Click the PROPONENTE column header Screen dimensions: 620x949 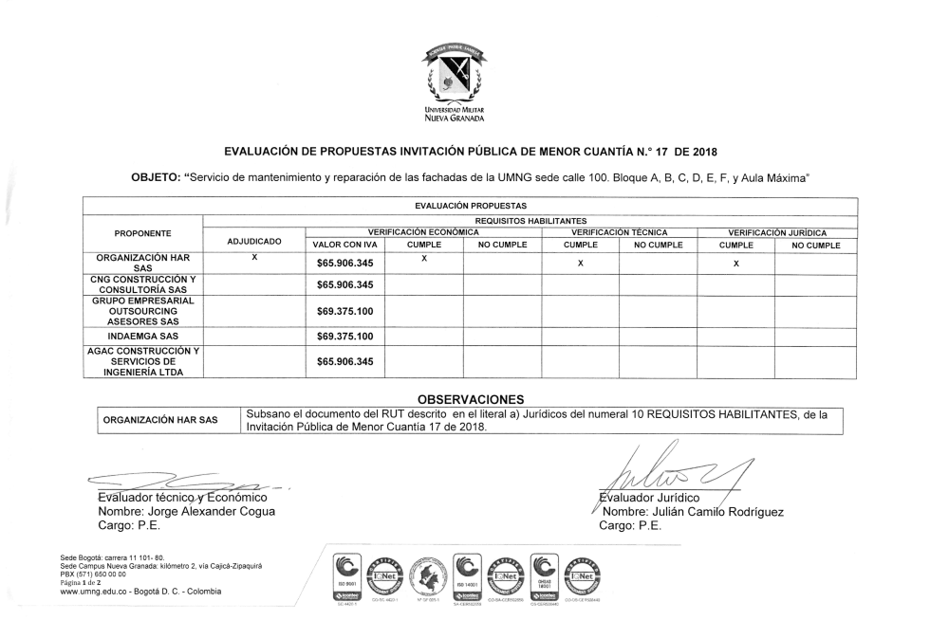pos(142,231)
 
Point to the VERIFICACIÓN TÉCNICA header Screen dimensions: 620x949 pos(619,232)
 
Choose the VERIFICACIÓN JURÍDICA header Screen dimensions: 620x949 pos(776,232)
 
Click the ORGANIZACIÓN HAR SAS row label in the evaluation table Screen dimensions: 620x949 pos(142,263)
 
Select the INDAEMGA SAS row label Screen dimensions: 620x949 pos(142,336)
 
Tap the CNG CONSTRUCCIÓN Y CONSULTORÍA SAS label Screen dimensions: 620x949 pos(142,284)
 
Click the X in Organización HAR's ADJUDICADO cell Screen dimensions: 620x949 pos(254,258)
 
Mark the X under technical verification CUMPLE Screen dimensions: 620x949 pos(580,264)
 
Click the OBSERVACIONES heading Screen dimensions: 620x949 pos(471,399)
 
